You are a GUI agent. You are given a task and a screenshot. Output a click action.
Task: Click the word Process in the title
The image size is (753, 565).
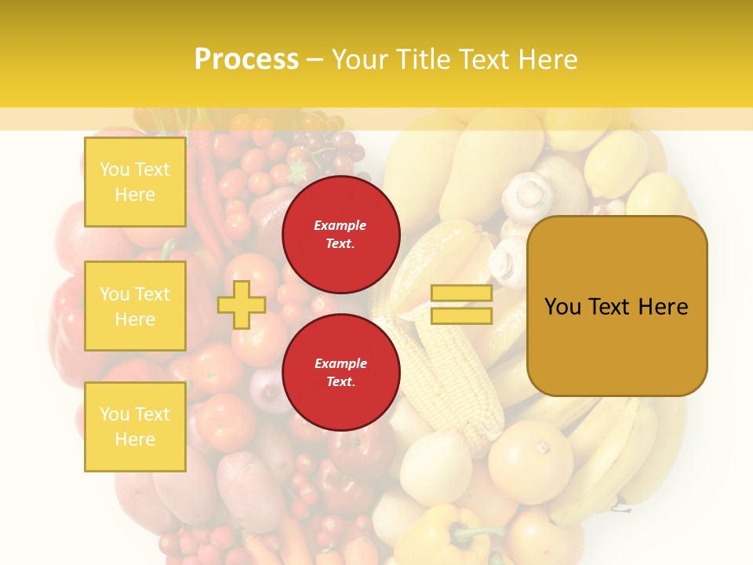(x=246, y=60)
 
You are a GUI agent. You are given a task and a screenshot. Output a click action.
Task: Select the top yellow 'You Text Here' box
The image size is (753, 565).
(x=135, y=182)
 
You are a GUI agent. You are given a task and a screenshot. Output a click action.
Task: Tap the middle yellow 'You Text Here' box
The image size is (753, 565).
(x=135, y=306)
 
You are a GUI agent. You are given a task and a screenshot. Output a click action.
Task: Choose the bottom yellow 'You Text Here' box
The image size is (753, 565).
(x=135, y=426)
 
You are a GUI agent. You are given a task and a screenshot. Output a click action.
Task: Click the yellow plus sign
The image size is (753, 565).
(x=241, y=304)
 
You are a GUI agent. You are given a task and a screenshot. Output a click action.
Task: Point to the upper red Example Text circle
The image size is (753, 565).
(x=340, y=235)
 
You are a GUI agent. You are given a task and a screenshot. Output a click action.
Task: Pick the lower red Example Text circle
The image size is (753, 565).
(x=340, y=373)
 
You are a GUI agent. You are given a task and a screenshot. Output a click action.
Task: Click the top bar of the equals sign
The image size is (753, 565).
(x=461, y=293)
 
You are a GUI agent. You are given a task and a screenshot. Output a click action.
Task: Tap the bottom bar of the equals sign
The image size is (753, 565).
(x=461, y=315)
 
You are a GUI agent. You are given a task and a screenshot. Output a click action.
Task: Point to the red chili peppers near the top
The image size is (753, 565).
(x=206, y=188)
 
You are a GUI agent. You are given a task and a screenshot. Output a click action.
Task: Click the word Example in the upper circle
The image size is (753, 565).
(x=340, y=225)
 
